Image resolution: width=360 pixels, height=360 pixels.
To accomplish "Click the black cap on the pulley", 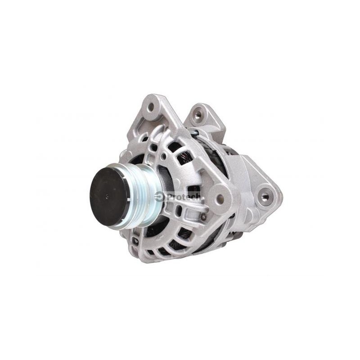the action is pos(109,197).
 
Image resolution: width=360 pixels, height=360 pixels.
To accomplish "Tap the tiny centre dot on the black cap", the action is pos(107,196).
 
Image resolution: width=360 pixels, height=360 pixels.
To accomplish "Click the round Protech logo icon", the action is pos(159,197).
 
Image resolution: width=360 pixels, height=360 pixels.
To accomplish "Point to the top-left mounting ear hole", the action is pos(151,107).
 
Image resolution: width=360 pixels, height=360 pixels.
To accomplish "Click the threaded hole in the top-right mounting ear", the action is pos(198,114).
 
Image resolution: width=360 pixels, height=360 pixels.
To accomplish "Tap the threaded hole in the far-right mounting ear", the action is pos(265,196).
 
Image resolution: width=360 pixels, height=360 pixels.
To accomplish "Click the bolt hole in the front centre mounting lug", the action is pos(220,197).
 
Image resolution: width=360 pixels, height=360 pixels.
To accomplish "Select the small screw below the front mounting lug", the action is pos(203,216).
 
